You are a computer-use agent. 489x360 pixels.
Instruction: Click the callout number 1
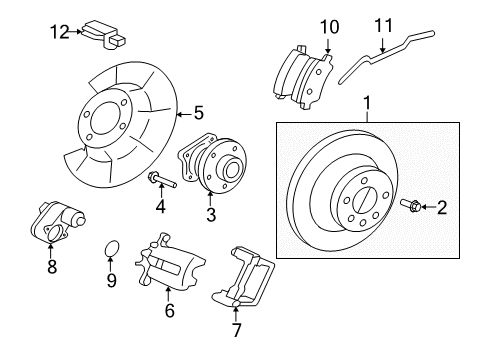pos(367,102)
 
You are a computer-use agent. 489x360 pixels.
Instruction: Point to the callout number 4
pos(159,208)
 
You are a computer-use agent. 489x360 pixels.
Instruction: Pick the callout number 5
pos(198,113)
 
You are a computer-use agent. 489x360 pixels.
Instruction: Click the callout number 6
pos(169,311)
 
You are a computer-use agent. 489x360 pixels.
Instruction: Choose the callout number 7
pos(236,328)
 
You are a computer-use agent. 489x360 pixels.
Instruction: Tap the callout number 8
pos(52,267)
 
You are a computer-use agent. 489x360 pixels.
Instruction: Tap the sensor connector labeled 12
pos(106,33)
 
